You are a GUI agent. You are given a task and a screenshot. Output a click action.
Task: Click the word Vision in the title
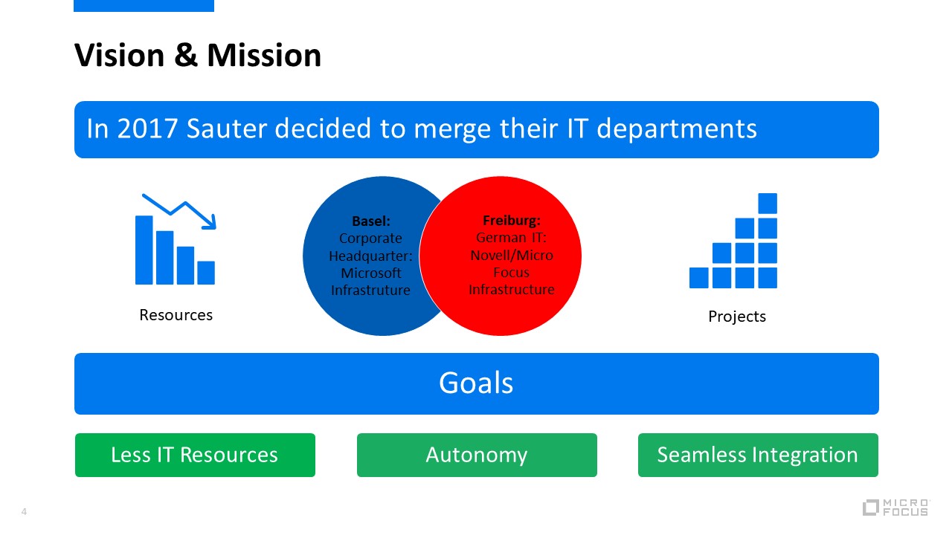120,55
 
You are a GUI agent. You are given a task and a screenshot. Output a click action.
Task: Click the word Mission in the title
264,55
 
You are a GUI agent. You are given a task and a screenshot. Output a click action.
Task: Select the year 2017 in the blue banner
147,129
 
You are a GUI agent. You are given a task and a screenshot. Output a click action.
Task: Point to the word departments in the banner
677,129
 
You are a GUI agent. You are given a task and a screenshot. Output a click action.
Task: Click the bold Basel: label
371,221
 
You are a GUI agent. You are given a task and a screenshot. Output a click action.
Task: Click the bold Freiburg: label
511,221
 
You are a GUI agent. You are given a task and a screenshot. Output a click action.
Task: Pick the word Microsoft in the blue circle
371,273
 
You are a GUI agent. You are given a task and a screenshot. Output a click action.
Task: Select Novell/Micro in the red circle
512,255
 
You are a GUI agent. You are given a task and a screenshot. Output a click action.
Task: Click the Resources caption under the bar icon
176,315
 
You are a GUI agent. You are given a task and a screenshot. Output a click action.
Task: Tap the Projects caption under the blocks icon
737,317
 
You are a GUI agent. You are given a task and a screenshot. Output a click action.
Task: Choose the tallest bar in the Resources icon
144,250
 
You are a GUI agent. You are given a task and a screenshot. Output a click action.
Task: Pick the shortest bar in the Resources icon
206,273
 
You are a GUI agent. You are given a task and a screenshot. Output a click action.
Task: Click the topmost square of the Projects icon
768,204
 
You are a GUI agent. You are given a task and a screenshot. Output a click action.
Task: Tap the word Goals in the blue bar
476,383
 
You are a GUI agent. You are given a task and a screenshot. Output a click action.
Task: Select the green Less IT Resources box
195,455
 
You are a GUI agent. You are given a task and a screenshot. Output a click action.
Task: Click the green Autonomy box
477,455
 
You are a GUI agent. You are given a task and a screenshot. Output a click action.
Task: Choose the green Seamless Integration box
758,455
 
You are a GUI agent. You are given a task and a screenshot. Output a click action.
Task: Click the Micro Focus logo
896,508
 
